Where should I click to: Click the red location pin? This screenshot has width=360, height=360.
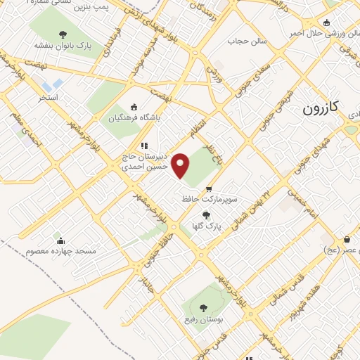point(181,165)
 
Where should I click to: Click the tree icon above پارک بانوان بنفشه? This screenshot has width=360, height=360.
point(63,34)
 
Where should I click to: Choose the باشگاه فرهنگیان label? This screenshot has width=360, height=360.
point(134,117)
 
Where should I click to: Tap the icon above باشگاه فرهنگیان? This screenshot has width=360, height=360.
point(134,107)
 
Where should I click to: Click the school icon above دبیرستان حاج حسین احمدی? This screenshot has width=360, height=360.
point(143,146)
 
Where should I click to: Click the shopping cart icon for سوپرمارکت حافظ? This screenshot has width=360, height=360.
point(209,189)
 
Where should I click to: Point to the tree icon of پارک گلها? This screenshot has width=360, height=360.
point(205,216)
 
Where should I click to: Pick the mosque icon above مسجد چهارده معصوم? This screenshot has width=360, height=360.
point(61,240)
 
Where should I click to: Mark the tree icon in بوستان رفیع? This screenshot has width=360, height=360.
point(203,307)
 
